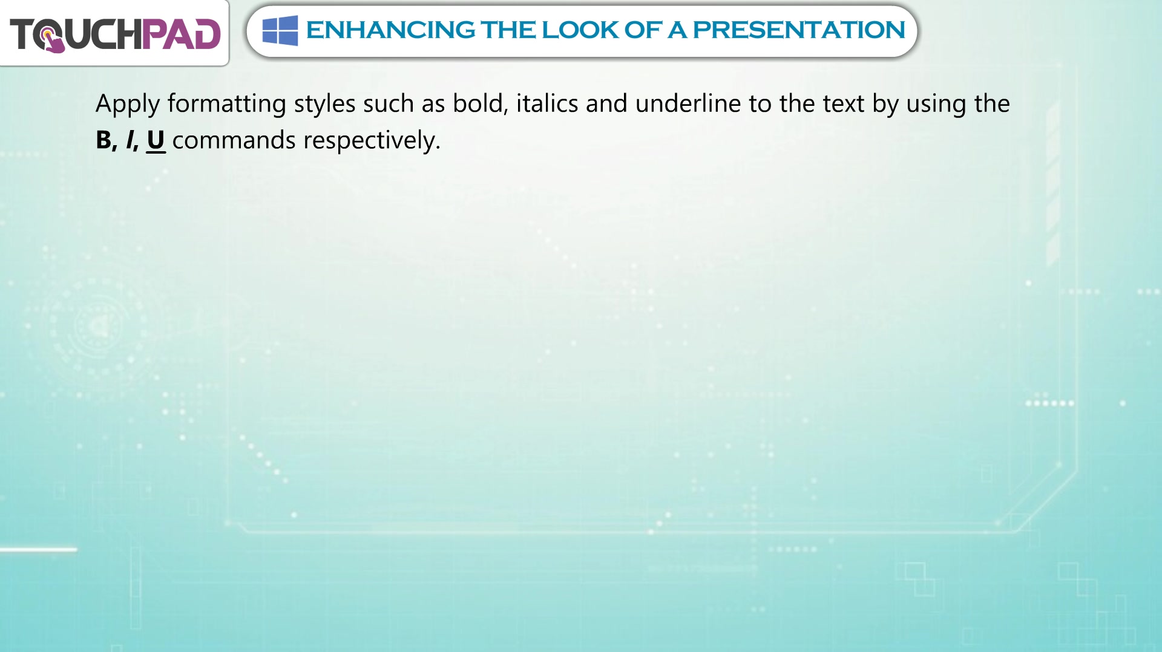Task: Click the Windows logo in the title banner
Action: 280,30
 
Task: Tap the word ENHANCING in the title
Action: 390,30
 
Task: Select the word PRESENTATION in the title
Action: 799,30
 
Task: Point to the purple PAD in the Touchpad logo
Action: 181,34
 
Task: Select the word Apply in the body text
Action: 128,104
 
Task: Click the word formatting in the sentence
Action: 227,103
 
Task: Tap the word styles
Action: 324,103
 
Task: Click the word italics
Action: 547,103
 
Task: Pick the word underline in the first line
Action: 688,103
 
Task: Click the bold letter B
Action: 103,140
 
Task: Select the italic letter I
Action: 130,140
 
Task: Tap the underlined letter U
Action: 156,141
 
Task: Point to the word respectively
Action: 372,141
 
